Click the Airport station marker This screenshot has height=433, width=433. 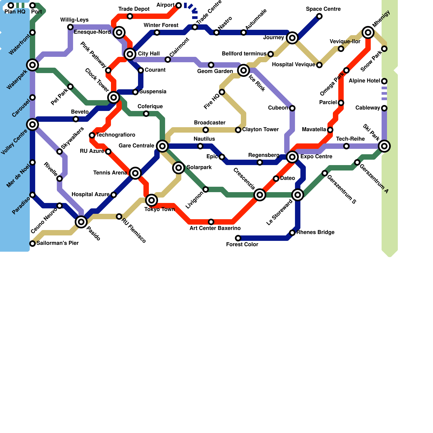tap(179, 5)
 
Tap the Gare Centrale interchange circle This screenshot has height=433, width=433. tap(162, 146)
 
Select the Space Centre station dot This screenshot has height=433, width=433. tap(319, 16)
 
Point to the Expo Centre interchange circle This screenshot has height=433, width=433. tap(292, 157)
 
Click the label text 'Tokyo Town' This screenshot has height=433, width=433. tap(159, 209)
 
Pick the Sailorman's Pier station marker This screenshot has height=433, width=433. tap(32, 244)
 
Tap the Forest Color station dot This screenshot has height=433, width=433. tap(238, 238)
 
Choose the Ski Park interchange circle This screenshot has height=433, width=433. tap(384, 146)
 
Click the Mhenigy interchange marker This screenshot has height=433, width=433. tap(368, 32)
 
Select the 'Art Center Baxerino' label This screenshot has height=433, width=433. tap(215, 228)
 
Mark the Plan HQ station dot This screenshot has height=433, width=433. tap(11, 5)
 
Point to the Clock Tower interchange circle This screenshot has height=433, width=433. tap(114, 97)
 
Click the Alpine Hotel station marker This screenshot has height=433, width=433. tap(384, 81)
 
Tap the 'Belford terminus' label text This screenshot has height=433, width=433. tap(244, 54)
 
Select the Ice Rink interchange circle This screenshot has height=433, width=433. tap(244, 70)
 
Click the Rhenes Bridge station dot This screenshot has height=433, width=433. tap(292, 233)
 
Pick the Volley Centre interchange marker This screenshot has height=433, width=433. tap(32, 124)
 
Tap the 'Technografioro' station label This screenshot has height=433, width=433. tap(116, 135)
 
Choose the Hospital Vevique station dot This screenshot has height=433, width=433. tap(319, 65)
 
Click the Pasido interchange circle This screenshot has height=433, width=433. tap(81, 222)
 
